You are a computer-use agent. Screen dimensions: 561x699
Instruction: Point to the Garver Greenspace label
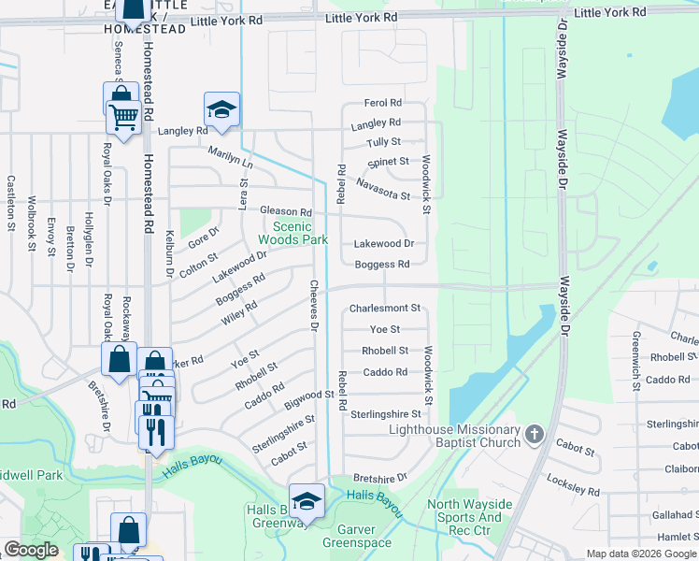pos(356,536)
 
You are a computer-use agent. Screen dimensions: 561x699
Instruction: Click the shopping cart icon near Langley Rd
pos(123,117)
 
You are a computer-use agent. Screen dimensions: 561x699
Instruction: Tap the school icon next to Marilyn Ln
pos(222,110)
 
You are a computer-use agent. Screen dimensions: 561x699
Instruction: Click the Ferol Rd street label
pos(382,103)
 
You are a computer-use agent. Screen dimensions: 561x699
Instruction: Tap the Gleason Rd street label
pos(285,212)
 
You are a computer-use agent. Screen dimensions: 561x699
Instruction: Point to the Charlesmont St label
pos(385,308)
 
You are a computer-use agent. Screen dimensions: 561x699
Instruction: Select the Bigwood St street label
pos(309,400)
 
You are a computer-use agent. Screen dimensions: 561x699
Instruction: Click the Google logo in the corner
pos(31,551)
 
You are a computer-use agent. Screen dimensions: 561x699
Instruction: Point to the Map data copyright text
pos(642,554)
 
